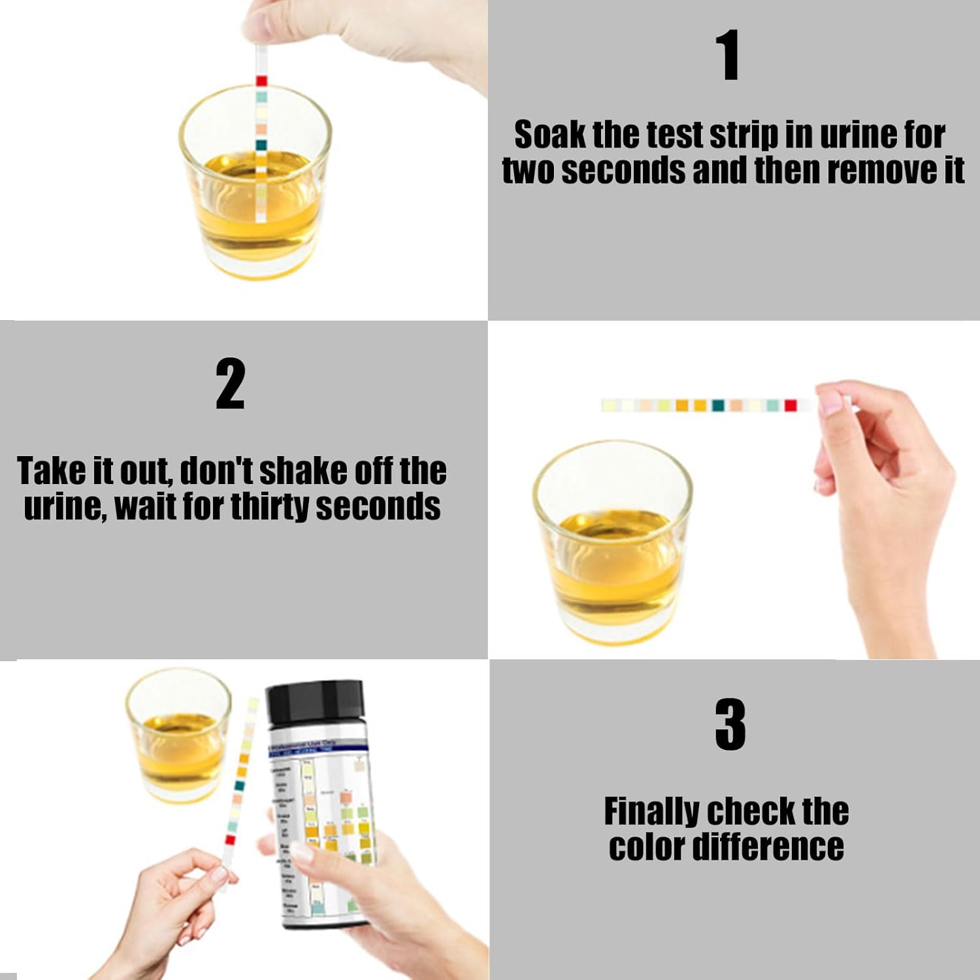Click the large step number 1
(x=728, y=56)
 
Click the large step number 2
(x=231, y=384)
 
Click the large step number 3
(x=730, y=725)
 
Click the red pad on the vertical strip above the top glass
(x=261, y=81)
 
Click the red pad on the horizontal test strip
(x=791, y=406)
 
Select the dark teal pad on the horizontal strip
(x=718, y=406)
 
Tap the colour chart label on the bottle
(x=320, y=830)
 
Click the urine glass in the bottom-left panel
(x=178, y=735)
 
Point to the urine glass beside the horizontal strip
(x=612, y=542)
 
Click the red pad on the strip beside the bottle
(x=230, y=840)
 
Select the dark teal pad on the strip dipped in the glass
(x=261, y=145)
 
